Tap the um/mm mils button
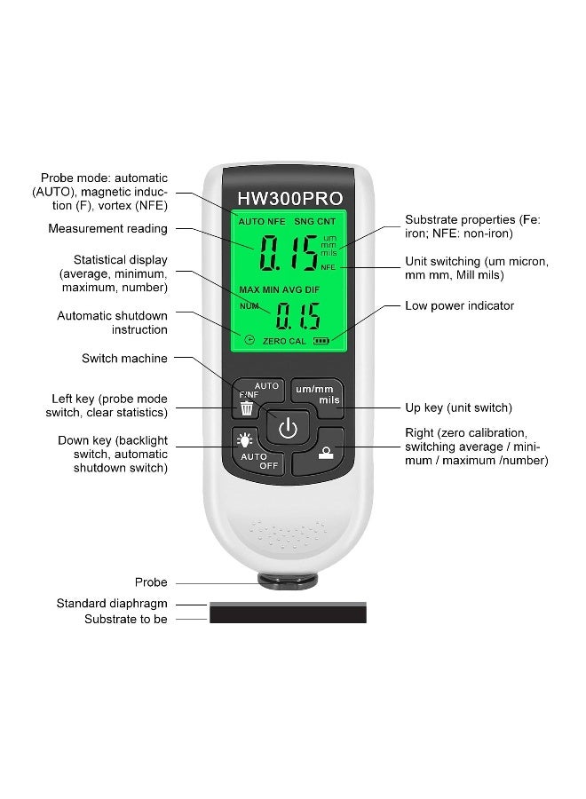pos(317,394)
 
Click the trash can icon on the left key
pos(247,409)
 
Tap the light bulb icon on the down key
pos(244,439)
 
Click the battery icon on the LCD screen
pos(320,341)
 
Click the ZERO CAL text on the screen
pos(283,341)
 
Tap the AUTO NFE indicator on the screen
pos(261,219)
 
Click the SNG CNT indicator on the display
pos(315,219)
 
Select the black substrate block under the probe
pos(288,614)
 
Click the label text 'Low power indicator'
pos(459,305)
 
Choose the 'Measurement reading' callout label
pos(107,228)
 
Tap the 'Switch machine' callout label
pos(124,359)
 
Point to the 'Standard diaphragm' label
pos(112,604)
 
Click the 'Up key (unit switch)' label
pos(458,407)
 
